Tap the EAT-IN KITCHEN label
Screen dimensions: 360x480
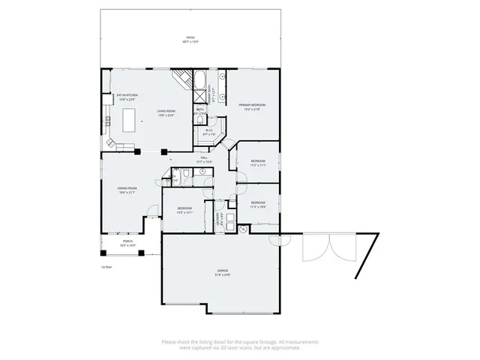[126, 95]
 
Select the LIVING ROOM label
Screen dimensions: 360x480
[166, 111]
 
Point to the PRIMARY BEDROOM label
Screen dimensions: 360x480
[251, 105]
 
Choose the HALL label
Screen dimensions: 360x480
[203, 157]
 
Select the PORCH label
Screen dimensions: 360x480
[127, 241]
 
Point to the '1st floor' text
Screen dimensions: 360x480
[106, 265]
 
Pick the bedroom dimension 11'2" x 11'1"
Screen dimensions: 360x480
[258, 165]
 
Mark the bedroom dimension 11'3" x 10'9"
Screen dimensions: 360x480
[258, 206]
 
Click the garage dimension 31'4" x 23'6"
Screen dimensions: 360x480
[223, 274]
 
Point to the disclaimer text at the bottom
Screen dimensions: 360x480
[239, 343]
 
